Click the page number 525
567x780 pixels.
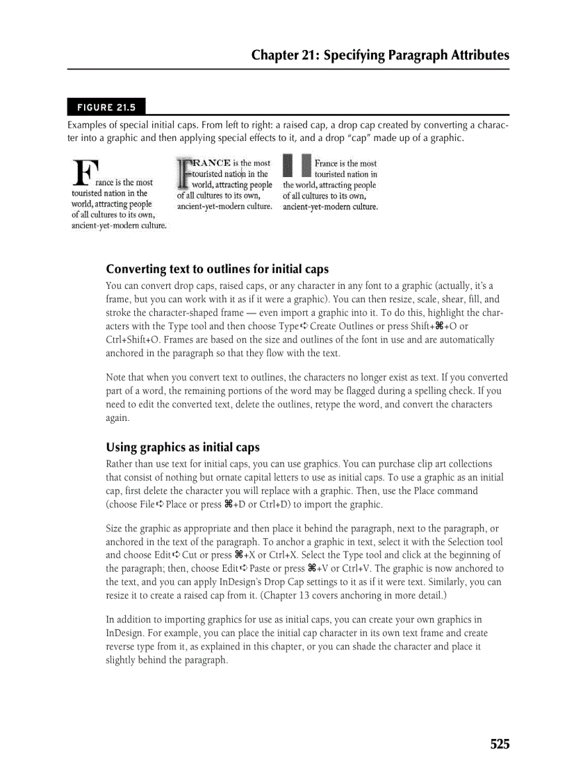click(499, 745)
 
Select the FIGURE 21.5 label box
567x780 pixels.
click(106, 107)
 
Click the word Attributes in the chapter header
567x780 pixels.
click(475, 56)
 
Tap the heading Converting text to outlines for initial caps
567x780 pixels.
click(217, 269)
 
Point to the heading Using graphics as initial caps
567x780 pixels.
click(182, 447)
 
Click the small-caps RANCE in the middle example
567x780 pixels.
click(211, 163)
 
